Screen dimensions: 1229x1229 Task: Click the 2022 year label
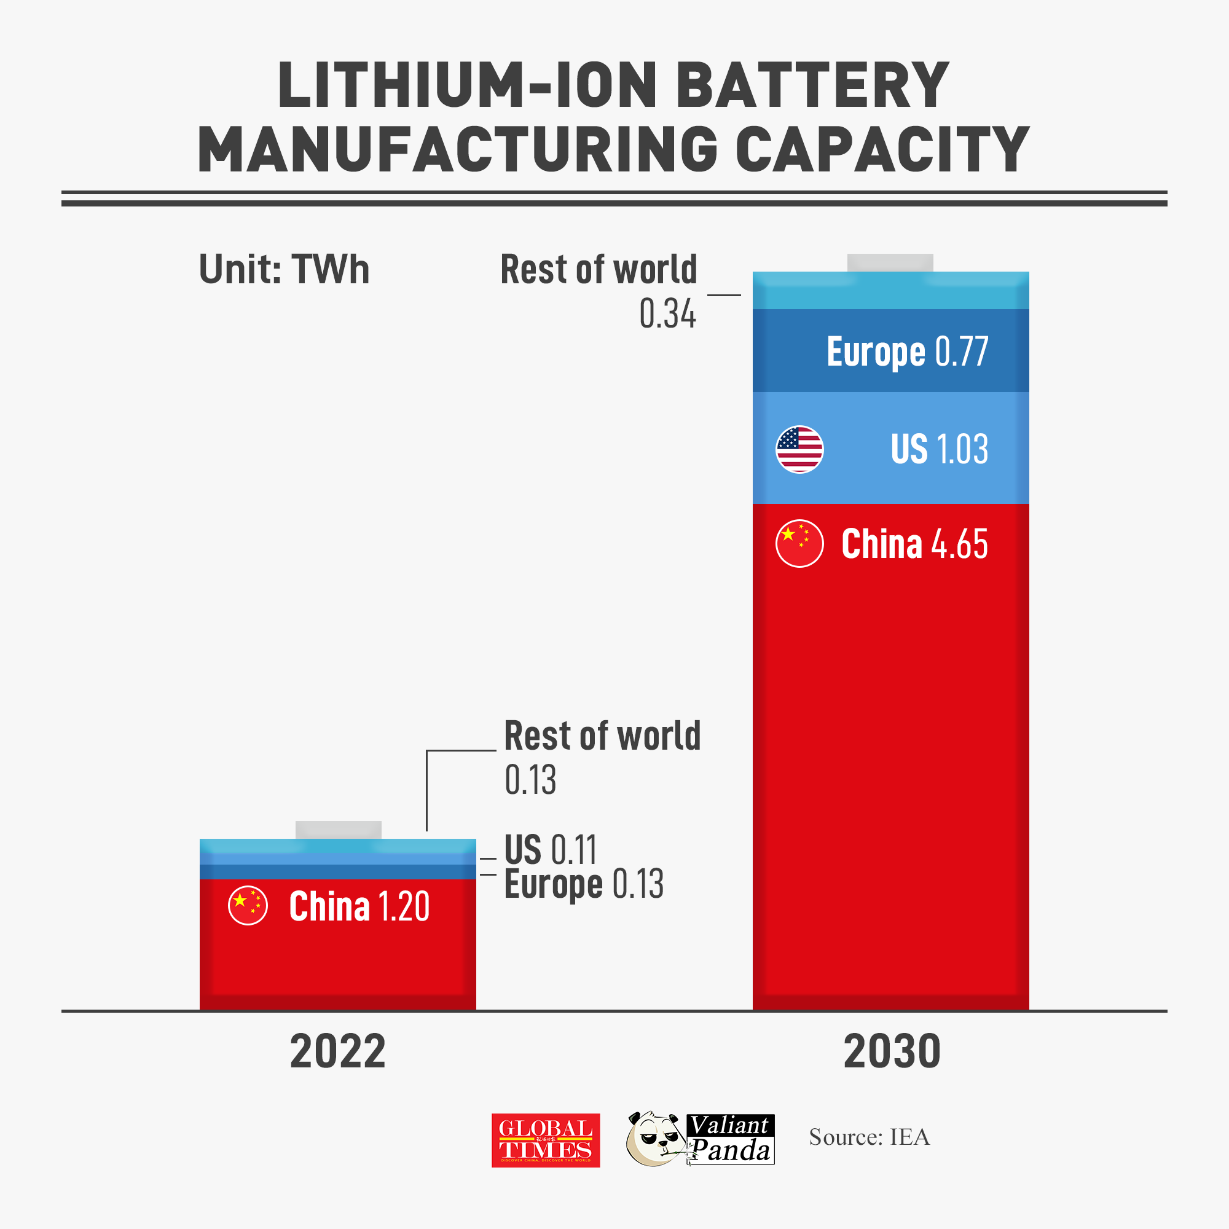tap(337, 1052)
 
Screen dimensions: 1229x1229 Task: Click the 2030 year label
tap(892, 1052)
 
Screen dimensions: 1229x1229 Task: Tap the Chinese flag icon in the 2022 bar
tap(248, 905)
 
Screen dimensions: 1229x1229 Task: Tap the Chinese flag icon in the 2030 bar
tap(799, 543)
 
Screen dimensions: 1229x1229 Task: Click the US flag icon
tap(799, 449)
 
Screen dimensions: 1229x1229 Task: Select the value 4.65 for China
tap(959, 544)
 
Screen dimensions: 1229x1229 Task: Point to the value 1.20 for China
tap(404, 906)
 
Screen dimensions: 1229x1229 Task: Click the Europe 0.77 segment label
tap(907, 351)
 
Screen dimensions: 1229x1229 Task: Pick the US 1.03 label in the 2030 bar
tap(939, 449)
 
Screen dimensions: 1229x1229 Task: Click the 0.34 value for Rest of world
tap(667, 314)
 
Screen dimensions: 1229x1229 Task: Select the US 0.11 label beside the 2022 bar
tap(550, 850)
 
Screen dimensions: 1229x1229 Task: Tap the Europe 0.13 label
tap(583, 884)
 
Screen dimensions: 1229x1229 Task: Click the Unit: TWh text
tap(284, 270)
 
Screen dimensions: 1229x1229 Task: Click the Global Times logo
tap(545, 1141)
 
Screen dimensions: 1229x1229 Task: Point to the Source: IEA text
tap(869, 1137)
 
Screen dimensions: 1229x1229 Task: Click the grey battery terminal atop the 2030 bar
tap(890, 263)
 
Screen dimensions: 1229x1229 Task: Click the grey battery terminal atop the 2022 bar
tap(338, 830)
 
